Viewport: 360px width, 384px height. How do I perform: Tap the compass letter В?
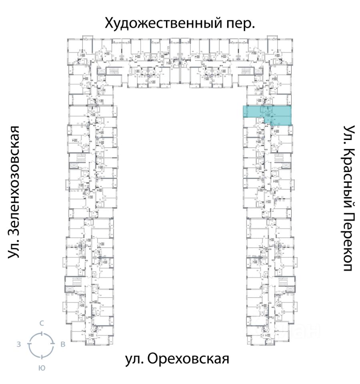[63, 344]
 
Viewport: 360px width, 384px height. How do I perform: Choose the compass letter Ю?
[41, 368]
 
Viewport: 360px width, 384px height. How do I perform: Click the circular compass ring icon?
[41, 345]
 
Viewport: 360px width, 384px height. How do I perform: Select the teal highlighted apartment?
[267, 115]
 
